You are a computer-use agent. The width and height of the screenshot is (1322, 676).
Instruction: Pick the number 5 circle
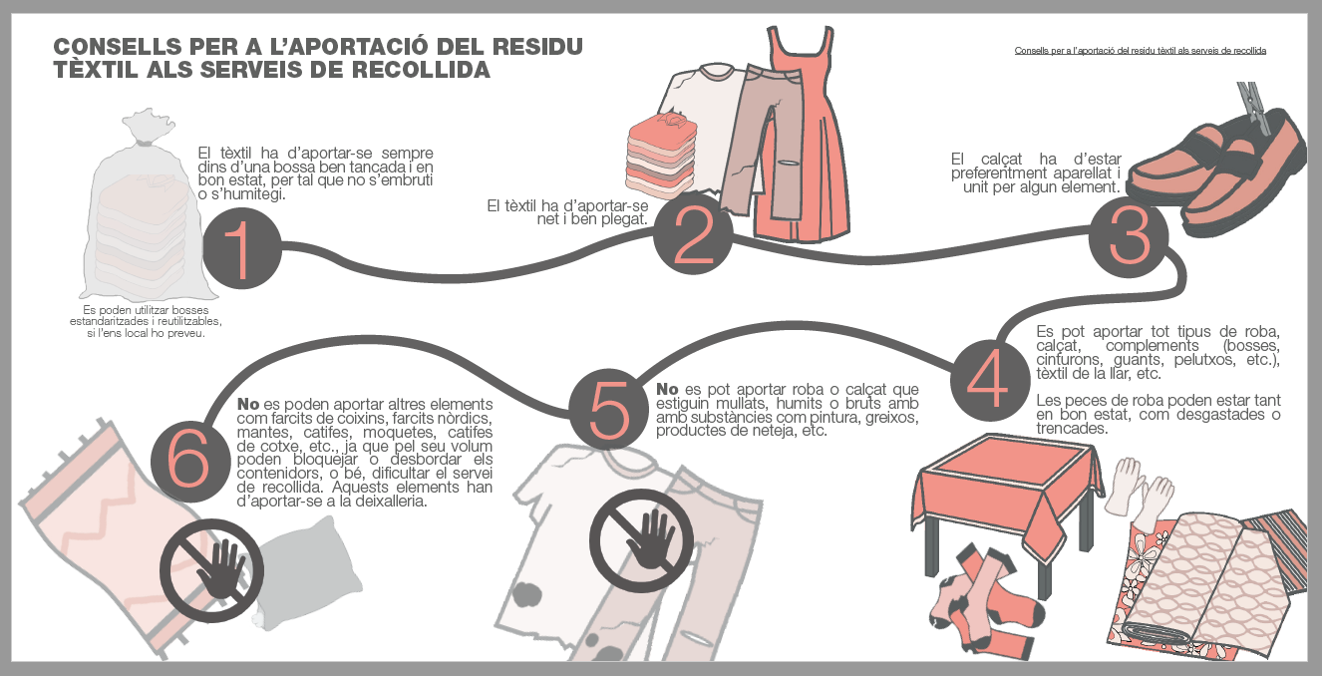(x=609, y=408)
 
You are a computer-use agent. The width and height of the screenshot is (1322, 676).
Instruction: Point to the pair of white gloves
(x=1141, y=495)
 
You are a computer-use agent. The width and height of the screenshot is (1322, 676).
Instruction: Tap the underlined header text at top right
(x=1140, y=50)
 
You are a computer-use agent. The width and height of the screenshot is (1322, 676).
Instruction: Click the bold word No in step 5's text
(x=667, y=389)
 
